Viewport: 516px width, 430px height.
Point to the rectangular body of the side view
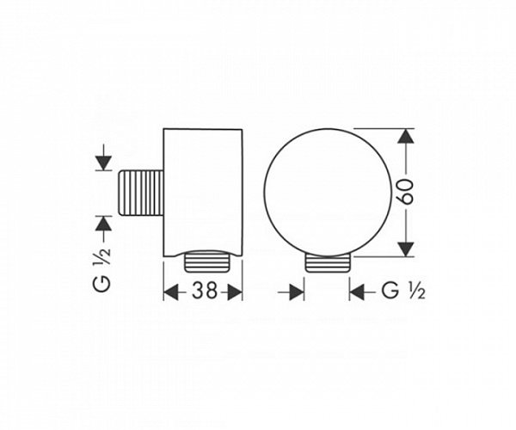coord(203,190)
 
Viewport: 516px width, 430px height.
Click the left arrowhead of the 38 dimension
coord(171,292)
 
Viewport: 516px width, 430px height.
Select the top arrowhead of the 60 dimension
coord(404,138)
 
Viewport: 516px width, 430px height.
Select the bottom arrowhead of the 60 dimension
coord(404,247)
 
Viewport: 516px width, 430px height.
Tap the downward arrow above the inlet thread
coord(102,158)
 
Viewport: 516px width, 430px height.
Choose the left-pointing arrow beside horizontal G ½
coord(357,292)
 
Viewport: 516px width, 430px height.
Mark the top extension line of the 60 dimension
coord(383,128)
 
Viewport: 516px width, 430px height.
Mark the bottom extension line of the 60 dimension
coord(383,255)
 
